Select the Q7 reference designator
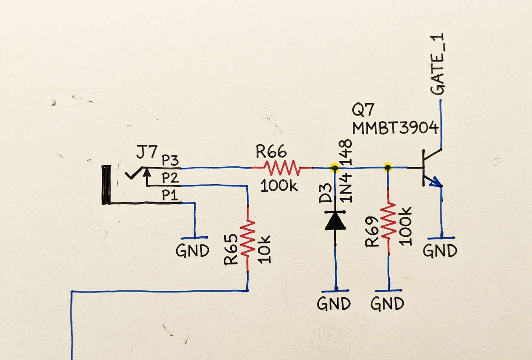(363, 112)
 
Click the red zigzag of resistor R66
(282, 168)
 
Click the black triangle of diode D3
(335, 221)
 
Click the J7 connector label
(147, 152)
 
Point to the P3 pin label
(170, 161)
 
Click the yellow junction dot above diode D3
(335, 168)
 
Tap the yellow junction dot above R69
(388, 168)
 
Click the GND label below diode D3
(334, 304)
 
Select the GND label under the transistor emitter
(440, 251)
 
